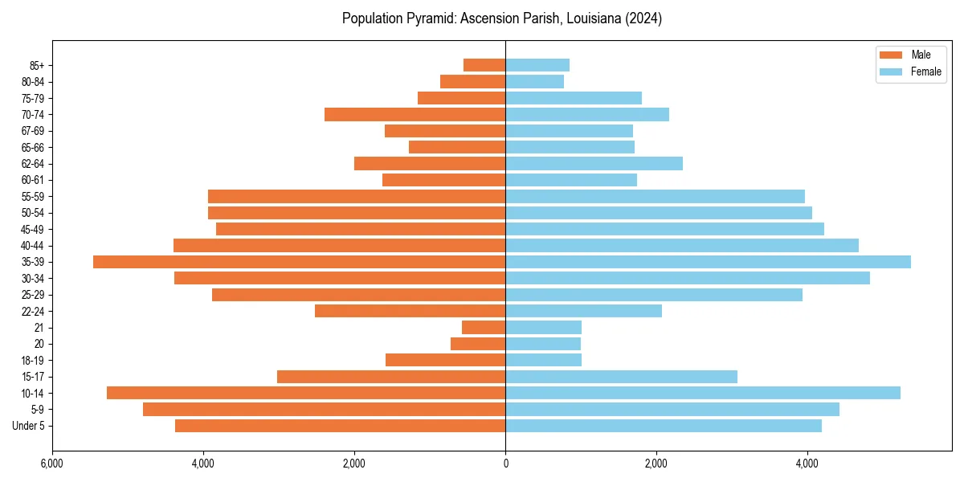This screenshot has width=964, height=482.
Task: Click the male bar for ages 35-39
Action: [x=299, y=262]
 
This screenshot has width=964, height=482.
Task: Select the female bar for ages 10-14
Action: [x=703, y=393]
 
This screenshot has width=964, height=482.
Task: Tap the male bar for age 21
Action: [x=484, y=328]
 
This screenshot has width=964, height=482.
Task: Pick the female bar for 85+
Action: [x=537, y=65]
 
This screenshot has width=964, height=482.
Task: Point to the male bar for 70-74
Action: [x=415, y=115]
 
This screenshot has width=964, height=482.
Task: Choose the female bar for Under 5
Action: [x=664, y=426]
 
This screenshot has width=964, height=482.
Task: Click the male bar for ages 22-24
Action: [x=410, y=311]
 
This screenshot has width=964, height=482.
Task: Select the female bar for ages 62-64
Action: [x=594, y=164]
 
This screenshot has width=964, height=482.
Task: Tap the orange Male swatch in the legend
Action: [x=891, y=55]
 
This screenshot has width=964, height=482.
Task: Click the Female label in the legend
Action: [x=925, y=71]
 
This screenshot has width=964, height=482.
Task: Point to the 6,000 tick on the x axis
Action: [x=51, y=464]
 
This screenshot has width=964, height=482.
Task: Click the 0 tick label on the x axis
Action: [x=505, y=464]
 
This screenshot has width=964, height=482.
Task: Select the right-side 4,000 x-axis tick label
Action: [x=807, y=464]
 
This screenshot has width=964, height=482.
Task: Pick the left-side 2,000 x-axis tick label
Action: [x=354, y=464]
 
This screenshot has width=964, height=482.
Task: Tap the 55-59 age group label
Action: [x=33, y=197]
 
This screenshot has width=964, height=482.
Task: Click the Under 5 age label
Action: [x=29, y=426]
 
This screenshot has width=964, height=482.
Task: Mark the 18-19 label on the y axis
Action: [x=33, y=361]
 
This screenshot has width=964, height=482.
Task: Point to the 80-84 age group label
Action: [x=33, y=82]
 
